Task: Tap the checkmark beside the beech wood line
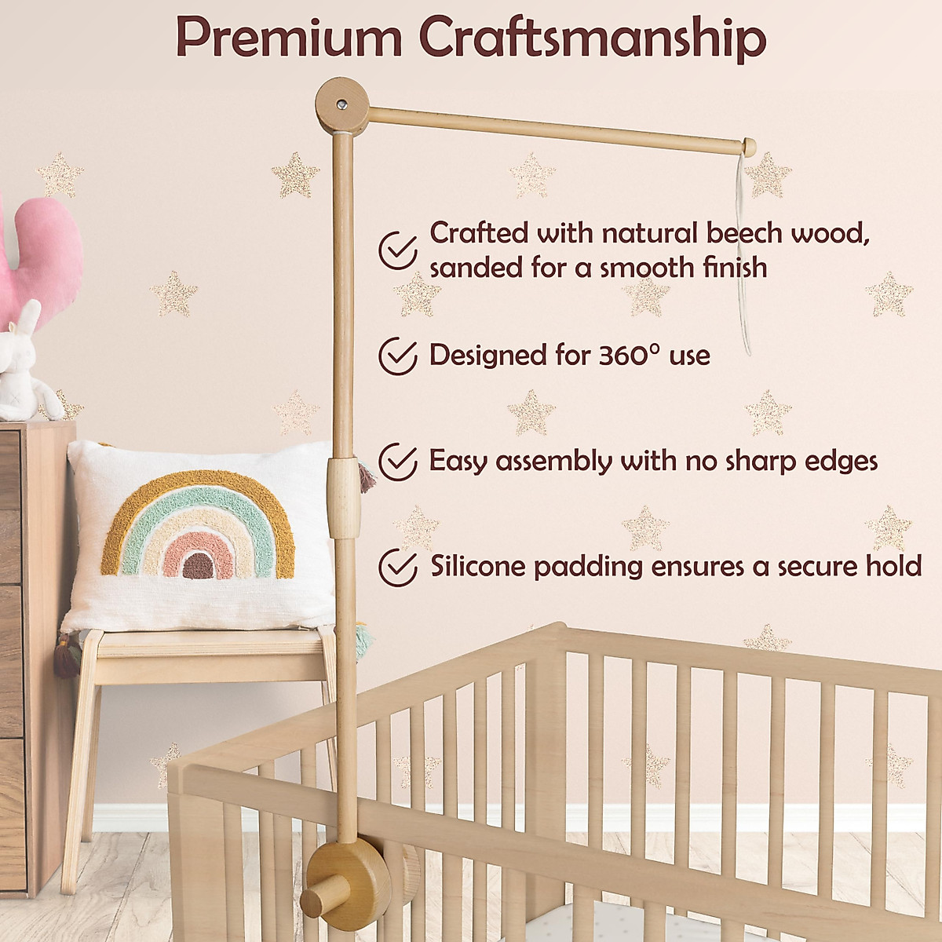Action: [398, 250]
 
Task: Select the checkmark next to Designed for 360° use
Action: [398, 356]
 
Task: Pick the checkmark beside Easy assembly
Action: [398, 461]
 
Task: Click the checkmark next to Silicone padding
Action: [398, 567]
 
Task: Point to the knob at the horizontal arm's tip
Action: [749, 146]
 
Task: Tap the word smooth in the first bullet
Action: [649, 268]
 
